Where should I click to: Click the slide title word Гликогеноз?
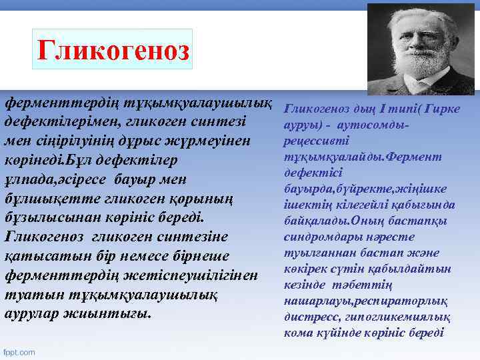pos(113,49)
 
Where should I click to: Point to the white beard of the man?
pos(419,69)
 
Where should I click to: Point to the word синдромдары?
pos(317,237)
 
